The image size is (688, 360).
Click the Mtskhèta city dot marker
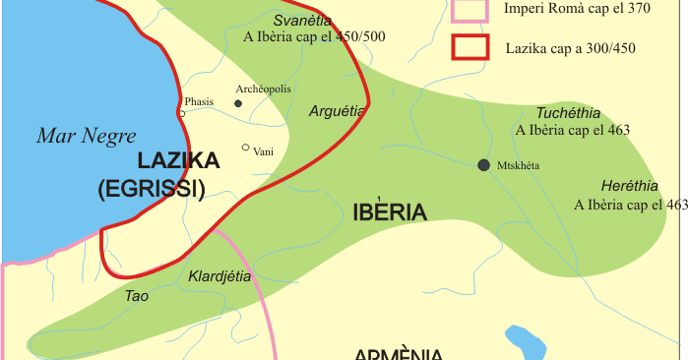point(483,165)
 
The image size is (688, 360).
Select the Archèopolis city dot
point(238,102)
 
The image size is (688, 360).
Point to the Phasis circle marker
point(182,113)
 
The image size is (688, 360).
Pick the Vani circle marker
point(246,148)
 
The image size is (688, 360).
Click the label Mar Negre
point(87,137)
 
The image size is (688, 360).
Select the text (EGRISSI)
point(151,190)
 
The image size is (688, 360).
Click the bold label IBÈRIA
point(389,212)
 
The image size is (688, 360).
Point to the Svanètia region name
point(302,20)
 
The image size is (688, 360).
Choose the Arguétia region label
point(337,111)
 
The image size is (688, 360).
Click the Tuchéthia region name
point(568,113)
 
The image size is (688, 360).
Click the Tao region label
point(137,295)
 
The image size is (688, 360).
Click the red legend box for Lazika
point(469,47)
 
